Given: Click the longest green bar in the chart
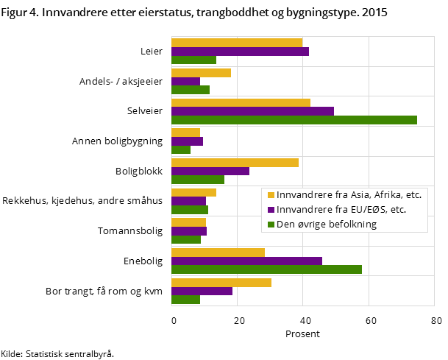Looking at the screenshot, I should pos(294,120).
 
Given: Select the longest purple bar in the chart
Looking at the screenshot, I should pos(252,111).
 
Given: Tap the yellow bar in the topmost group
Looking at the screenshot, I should pos(237,43).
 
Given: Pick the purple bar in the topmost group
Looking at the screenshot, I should pos(240,52).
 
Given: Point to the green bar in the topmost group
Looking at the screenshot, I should pos(193,60).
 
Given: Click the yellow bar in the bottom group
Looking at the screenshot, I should pos(221,283).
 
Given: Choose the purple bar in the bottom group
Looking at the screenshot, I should pos(202,291).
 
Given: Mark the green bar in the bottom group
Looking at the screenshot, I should pos(185,300).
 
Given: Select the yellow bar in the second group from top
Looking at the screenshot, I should pos(201,73).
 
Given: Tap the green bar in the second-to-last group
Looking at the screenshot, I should pos(266,269).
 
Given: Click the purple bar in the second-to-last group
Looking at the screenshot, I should pos(246,261).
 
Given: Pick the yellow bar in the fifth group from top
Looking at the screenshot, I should pos(235,163).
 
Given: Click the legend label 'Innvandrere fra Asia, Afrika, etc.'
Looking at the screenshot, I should pos(349,195).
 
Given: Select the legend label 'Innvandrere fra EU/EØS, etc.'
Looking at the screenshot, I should pos(341,210).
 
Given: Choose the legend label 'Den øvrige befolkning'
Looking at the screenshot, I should pos(327,225).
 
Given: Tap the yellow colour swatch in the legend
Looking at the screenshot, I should pos(271,195).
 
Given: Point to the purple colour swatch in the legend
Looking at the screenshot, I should pos(271,210).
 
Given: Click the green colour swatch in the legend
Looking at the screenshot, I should pos(271,225).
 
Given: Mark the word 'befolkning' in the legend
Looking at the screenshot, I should pos(352,225).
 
